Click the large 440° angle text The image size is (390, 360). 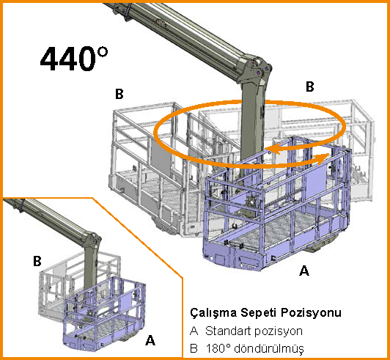[74, 59]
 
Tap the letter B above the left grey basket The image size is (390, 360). [119, 95]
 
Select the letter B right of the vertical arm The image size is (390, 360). [309, 87]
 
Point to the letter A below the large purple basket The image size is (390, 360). [304, 271]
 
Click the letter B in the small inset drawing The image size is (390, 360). [37, 262]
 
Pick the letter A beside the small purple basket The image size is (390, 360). [150, 340]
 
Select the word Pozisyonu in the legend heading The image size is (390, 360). [311, 313]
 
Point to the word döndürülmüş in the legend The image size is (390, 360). [269, 348]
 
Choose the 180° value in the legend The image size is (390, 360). [218, 348]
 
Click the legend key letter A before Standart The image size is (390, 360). [194, 331]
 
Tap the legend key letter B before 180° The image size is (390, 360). [194, 348]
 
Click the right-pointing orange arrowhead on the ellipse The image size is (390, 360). [323, 158]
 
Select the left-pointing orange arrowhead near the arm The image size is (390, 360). [272, 150]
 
